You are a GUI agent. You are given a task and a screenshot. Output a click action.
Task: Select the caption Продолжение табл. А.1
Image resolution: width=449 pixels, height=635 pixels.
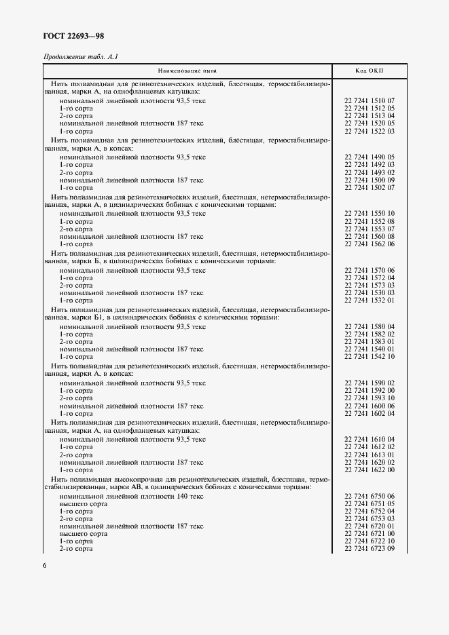pos(82,58)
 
